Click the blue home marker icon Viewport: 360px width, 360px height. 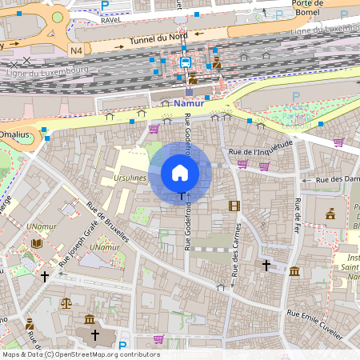(x=180, y=172)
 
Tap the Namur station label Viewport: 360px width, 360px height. (x=189, y=104)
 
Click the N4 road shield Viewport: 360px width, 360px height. (x=77, y=50)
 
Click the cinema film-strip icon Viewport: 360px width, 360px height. (x=234, y=206)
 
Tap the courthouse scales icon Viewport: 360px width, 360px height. (x=66, y=303)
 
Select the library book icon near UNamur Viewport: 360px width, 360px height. (x=36, y=243)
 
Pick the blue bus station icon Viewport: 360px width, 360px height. (x=185, y=62)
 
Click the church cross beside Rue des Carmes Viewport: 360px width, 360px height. (x=266, y=264)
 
